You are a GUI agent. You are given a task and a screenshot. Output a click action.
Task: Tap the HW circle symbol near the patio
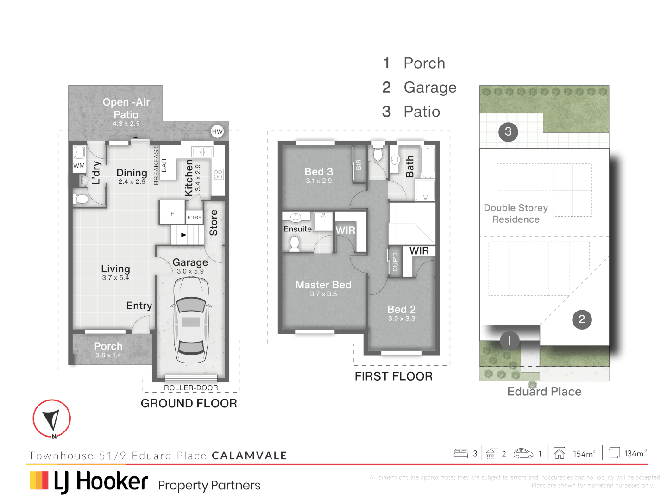[x=217, y=131]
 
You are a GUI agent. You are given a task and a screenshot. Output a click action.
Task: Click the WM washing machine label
[x=79, y=166]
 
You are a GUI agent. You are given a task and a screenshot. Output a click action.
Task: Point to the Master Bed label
[x=323, y=285]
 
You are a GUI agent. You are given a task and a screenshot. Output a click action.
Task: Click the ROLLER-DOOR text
[x=191, y=388]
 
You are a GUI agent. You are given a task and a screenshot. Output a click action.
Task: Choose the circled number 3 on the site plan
[x=508, y=132]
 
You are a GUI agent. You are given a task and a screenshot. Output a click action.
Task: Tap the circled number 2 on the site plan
[x=582, y=319]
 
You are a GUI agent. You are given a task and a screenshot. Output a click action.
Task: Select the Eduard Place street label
[x=544, y=392]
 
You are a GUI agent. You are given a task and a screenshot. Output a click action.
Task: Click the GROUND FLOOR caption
[x=189, y=404]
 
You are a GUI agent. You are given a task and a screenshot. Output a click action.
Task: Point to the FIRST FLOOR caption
[x=393, y=376]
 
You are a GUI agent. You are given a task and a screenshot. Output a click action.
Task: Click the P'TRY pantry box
[x=195, y=218]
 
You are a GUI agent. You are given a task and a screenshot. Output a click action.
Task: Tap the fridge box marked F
[x=172, y=214]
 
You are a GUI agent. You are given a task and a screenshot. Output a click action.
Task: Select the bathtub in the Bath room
[x=428, y=162]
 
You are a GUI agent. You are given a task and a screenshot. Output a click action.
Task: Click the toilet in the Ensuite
[x=295, y=243]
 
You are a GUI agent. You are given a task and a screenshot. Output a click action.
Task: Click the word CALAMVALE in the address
[x=249, y=456]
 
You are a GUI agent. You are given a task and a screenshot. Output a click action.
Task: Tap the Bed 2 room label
[x=402, y=310]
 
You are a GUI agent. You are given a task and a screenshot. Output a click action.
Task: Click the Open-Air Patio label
[x=126, y=108]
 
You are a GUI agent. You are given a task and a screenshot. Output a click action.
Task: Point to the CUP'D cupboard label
[x=395, y=262]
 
